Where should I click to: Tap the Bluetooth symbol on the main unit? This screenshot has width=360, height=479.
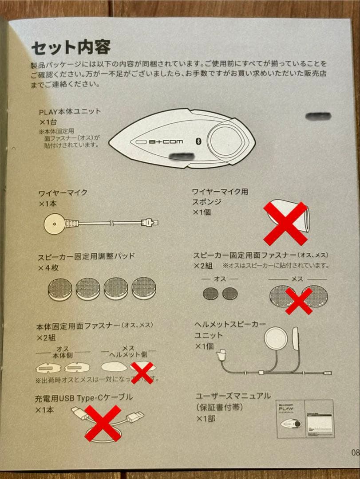[x=198, y=141]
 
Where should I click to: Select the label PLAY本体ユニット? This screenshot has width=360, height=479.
[x=70, y=112]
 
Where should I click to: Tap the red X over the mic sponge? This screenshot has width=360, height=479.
[x=285, y=223]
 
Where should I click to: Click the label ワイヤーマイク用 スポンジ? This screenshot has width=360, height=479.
[x=219, y=196]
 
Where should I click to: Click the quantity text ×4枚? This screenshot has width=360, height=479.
[x=48, y=268]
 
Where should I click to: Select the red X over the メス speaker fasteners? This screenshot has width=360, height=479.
[x=298, y=300]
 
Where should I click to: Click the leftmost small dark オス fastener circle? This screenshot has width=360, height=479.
[x=210, y=293]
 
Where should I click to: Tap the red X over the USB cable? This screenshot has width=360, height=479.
[x=103, y=423]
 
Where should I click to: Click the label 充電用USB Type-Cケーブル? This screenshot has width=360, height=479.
[x=83, y=397]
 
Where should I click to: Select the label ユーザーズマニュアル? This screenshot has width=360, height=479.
[x=233, y=396]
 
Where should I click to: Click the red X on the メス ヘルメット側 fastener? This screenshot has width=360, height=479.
[x=142, y=372]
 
